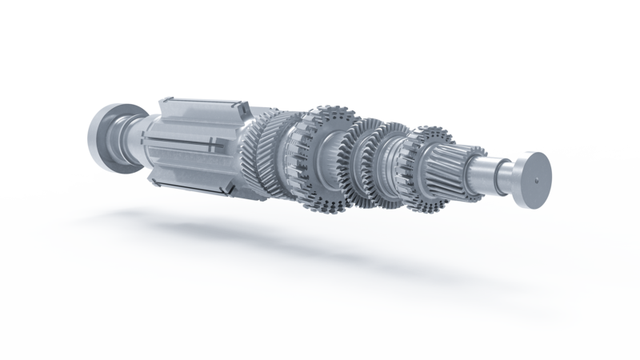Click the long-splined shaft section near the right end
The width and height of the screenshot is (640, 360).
tap(456, 164)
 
